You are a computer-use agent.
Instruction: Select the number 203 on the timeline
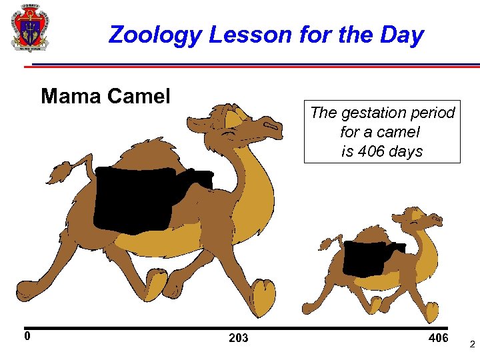pos(238,338)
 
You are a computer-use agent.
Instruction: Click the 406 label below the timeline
pos(438,338)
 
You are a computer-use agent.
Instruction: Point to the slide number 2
pos(472,345)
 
